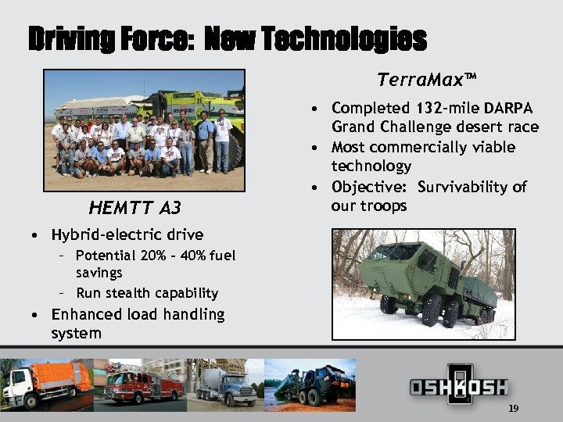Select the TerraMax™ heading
point(426,80)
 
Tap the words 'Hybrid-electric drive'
point(127,234)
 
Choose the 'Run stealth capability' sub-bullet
point(147,293)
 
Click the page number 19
point(513,409)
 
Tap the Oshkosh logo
point(459,387)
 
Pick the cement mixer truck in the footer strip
point(223,385)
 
